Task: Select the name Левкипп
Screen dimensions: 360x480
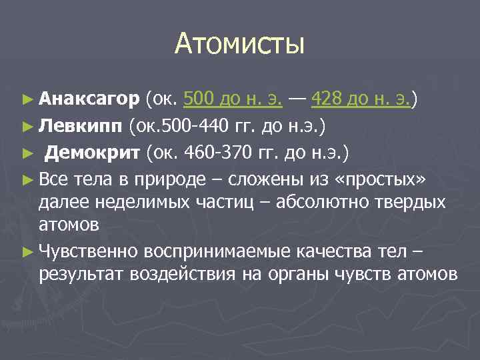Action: [81, 125]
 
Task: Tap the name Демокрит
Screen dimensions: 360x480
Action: [92, 151]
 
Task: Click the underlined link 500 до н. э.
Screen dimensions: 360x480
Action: [232, 100]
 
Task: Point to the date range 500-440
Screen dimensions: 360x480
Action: [194, 125]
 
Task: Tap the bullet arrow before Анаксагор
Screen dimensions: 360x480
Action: [27, 100]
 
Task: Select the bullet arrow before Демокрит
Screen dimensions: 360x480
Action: [27, 151]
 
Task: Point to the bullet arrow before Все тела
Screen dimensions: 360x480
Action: [27, 178]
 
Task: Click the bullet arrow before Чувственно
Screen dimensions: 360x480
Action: [27, 251]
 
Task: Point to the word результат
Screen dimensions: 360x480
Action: [81, 274]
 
